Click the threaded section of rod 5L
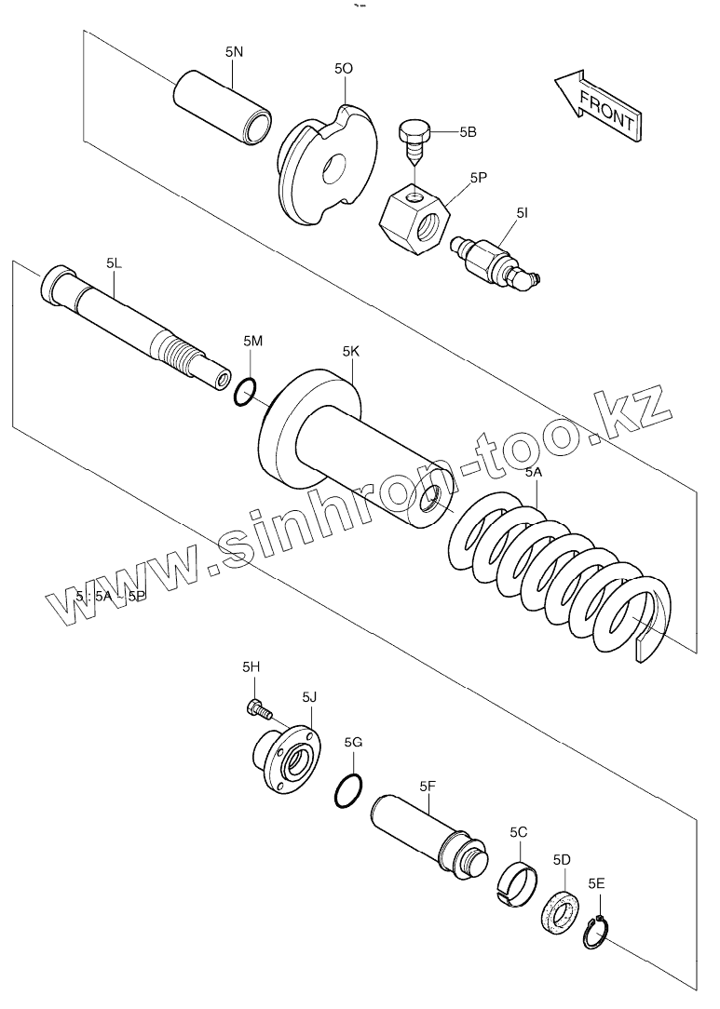click(183, 354)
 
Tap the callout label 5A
click(533, 472)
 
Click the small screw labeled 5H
click(256, 710)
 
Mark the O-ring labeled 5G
click(346, 792)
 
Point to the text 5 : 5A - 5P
click(111, 597)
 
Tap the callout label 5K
click(351, 351)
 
